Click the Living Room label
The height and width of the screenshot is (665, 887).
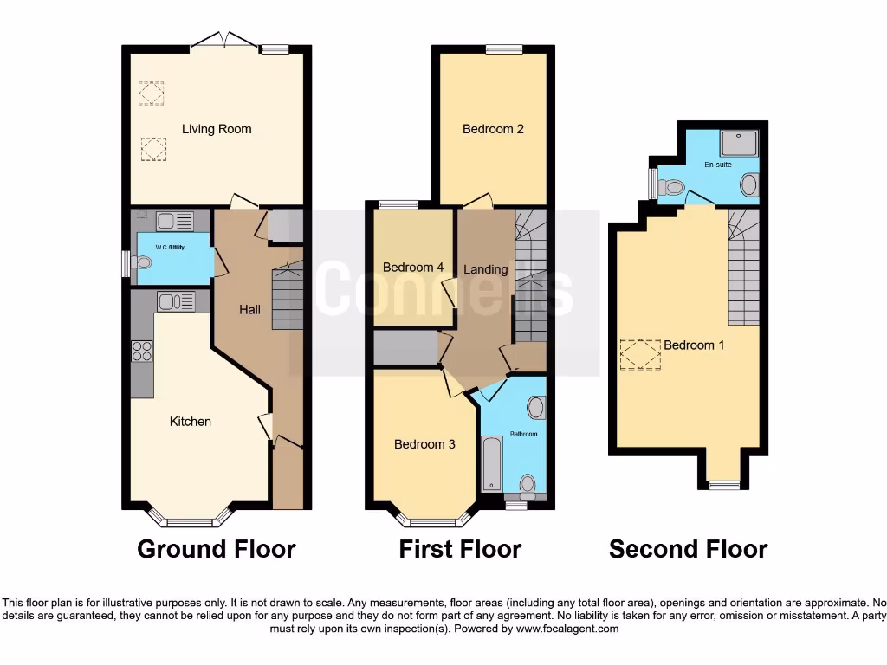tap(217, 129)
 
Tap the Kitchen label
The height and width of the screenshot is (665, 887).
tap(190, 422)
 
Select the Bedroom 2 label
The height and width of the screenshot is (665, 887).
tap(493, 129)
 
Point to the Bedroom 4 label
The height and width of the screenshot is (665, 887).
tap(413, 268)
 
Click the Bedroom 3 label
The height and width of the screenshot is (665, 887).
tap(424, 444)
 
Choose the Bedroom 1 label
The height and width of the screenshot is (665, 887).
tap(694, 345)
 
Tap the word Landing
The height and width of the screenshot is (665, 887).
tap(485, 269)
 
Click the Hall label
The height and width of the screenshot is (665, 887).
tap(249, 309)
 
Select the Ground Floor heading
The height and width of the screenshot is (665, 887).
tap(217, 549)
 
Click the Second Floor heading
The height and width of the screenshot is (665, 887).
tap(688, 549)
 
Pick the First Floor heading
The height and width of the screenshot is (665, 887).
tap(460, 549)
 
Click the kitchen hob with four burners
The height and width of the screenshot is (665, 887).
tap(141, 351)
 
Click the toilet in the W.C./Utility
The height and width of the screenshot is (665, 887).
tap(142, 261)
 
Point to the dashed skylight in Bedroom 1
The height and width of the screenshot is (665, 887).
tap(639, 354)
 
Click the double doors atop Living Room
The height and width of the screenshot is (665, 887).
tap(223, 40)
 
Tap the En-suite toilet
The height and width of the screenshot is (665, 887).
tap(672, 186)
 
